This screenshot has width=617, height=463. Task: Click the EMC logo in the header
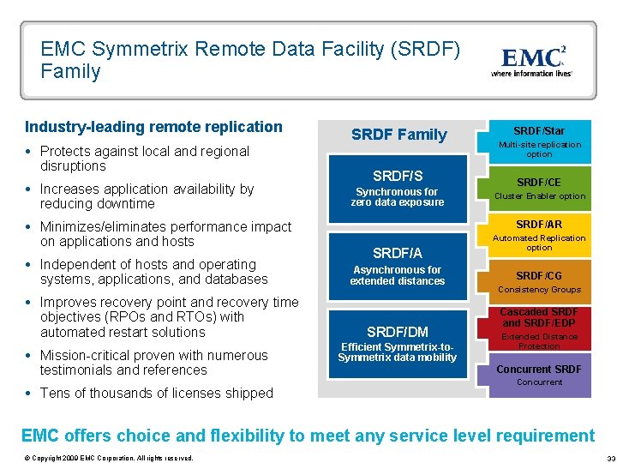532,60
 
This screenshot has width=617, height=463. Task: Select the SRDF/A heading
397,253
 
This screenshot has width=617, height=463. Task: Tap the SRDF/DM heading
397,332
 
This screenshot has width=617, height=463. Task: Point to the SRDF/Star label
539,131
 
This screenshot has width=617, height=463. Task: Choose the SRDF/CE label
539,183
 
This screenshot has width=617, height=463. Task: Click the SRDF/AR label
539,224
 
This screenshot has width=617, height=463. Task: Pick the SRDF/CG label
539,275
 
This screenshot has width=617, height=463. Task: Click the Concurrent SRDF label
539,370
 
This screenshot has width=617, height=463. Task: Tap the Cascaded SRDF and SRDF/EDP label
539,317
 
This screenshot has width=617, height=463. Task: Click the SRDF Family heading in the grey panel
399,135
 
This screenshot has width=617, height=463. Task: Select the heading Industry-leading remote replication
153,127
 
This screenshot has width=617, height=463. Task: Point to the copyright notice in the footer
110,457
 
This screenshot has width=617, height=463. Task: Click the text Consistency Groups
539,290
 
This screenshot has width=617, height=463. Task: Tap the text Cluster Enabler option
539,196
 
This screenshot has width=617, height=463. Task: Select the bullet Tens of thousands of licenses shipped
156,394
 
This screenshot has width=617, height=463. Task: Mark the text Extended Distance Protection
539,341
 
